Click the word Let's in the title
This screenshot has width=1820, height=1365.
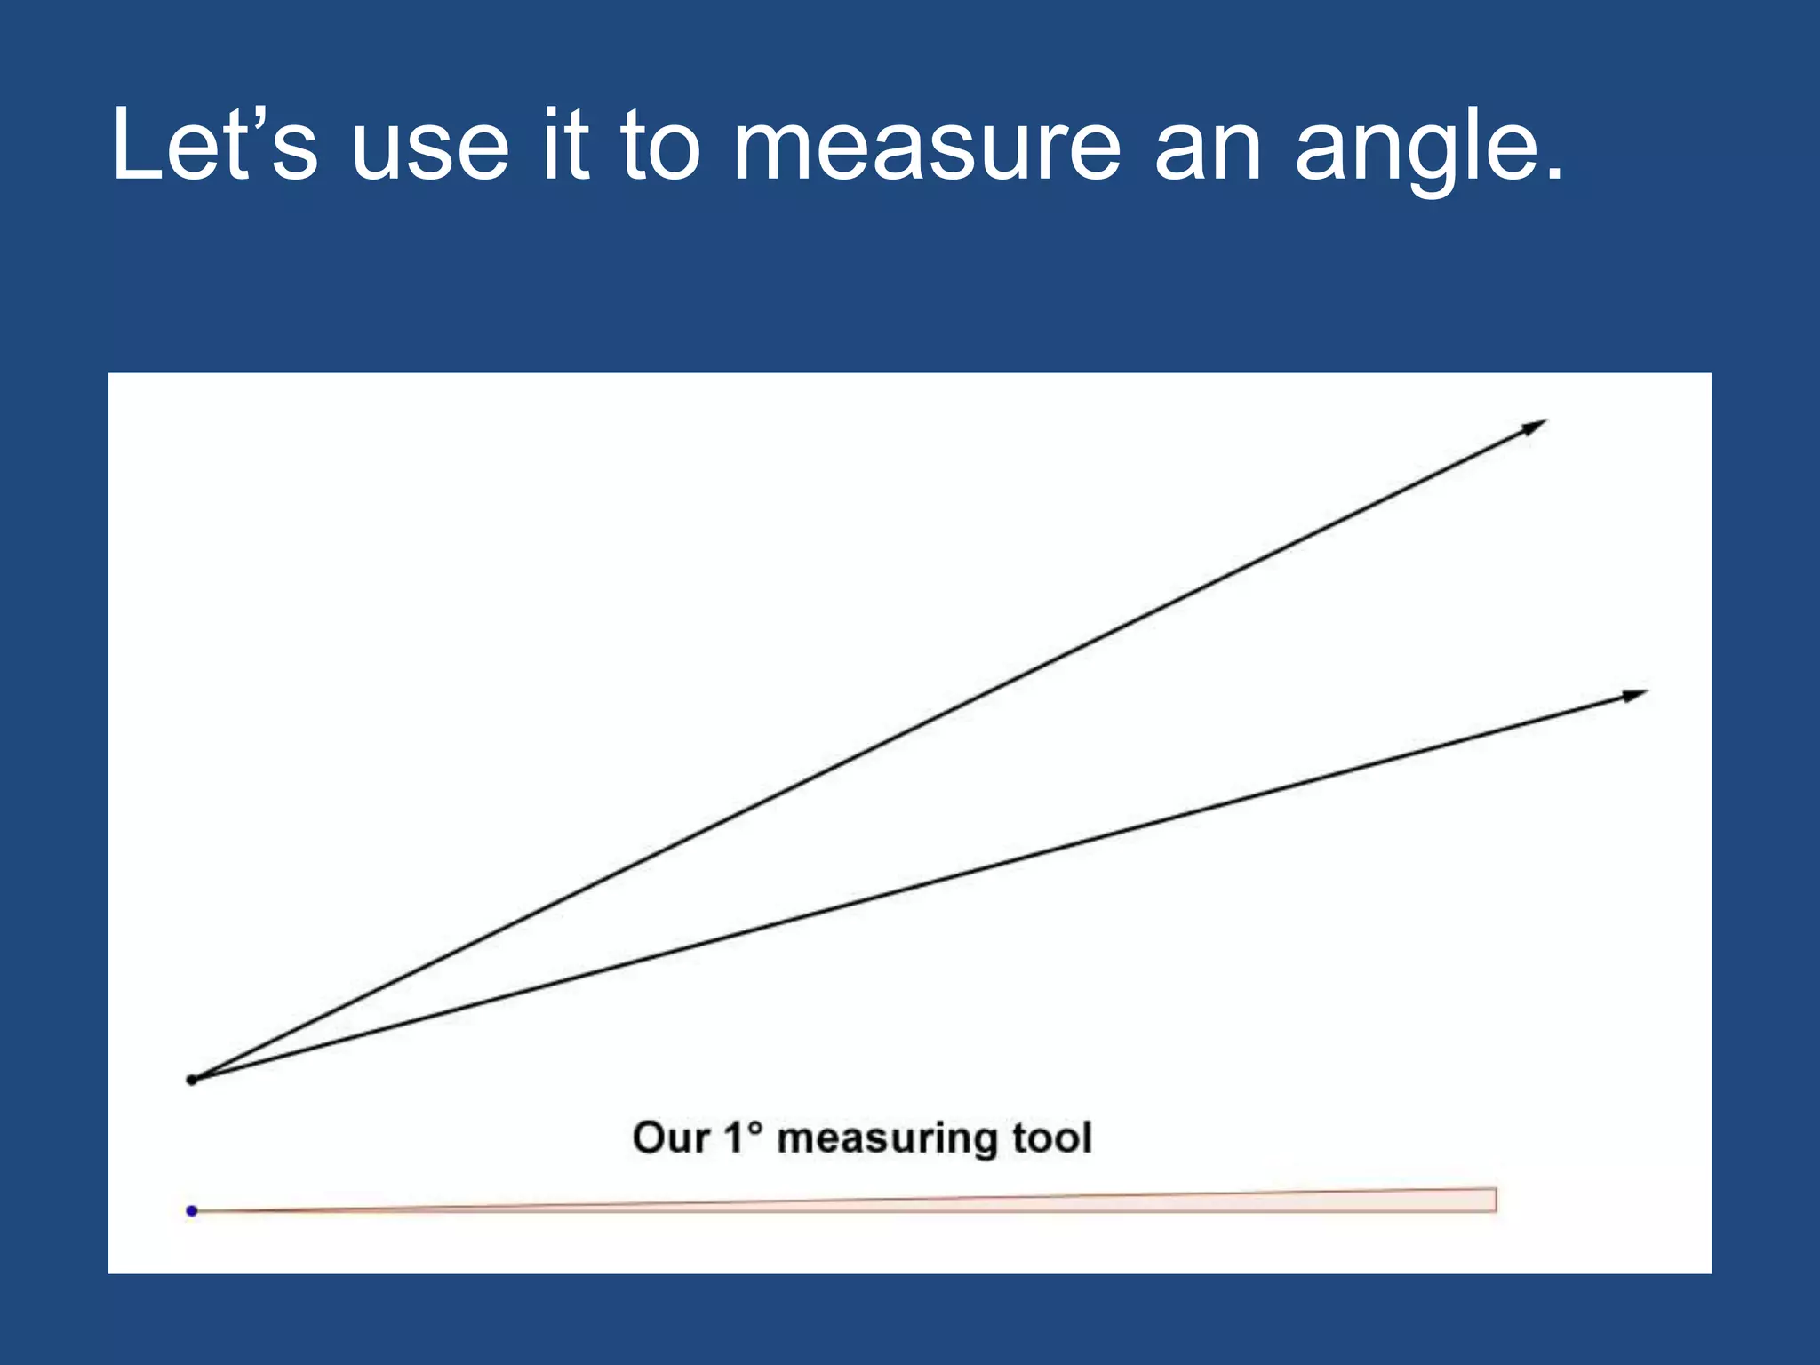click(x=214, y=145)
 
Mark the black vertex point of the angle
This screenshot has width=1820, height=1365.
click(x=192, y=1080)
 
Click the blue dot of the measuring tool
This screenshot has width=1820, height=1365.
click(x=192, y=1210)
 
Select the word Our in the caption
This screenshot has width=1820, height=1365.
click(x=670, y=1138)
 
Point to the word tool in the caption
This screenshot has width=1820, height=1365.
click(x=1052, y=1138)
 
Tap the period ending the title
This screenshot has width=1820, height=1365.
click(x=1553, y=174)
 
